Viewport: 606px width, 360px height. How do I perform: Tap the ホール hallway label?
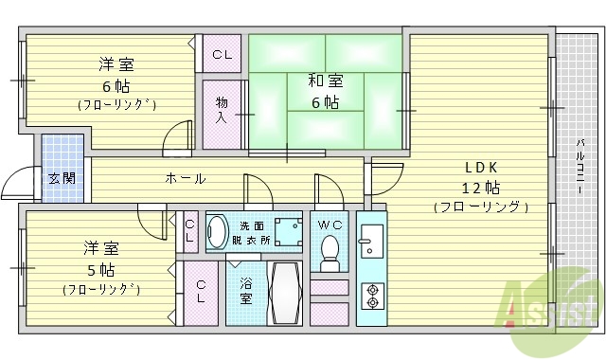point(185,178)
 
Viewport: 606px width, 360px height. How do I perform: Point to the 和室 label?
point(322,80)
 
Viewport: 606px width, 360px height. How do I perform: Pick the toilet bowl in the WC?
point(330,250)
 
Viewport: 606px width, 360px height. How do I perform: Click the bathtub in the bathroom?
point(285,294)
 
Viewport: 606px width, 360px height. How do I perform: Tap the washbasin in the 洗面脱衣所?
point(218,232)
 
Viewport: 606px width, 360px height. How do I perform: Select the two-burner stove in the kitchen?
point(371,296)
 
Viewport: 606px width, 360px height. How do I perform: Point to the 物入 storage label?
point(222,110)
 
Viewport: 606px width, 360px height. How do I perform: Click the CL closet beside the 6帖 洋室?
point(222,54)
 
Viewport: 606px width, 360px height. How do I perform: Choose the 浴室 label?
point(245,290)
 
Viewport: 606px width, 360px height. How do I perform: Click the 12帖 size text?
point(480,186)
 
